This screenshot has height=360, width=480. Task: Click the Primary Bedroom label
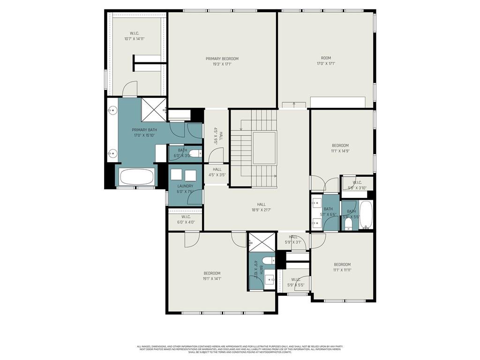[222, 59]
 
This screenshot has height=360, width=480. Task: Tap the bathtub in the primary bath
[136, 177]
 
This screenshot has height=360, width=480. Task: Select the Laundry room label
[185, 186]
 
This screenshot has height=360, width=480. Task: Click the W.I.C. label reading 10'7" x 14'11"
[134, 33]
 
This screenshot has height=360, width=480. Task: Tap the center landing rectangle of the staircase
[264, 148]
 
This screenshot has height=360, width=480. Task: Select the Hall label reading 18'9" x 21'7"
[261, 204]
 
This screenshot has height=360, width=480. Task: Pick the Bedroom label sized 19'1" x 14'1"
[212, 273]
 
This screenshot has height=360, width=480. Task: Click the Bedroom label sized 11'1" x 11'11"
[342, 264]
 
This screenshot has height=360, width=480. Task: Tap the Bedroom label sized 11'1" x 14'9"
[340, 145]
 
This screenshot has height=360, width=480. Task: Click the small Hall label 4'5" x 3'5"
[217, 170]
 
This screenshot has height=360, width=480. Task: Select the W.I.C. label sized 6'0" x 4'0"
[186, 217]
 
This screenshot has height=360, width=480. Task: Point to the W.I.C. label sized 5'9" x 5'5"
[295, 280]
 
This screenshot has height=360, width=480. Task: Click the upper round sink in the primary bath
[112, 111]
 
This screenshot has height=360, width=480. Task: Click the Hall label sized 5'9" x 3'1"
[293, 237]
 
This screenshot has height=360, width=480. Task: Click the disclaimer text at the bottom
[240, 349]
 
